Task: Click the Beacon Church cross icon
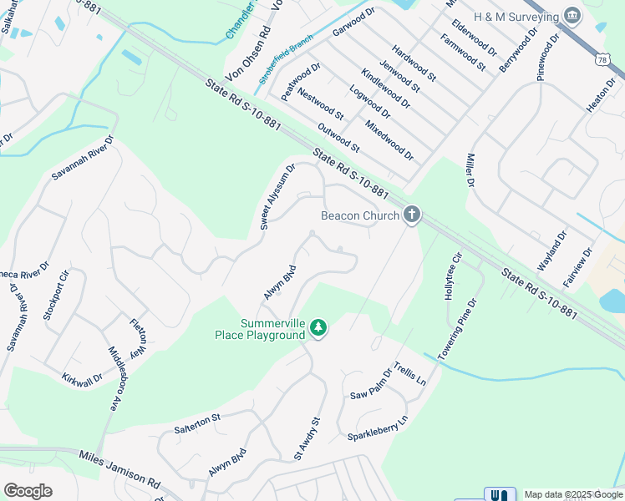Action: click(411, 215)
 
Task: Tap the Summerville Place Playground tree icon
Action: click(318, 328)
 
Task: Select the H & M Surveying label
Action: click(516, 16)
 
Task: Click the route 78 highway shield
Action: click(602, 58)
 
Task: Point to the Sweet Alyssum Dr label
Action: click(278, 196)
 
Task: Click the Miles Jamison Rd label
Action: click(119, 469)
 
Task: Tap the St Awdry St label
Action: click(307, 439)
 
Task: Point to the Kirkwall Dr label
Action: click(82, 379)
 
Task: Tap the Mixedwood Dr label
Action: click(389, 139)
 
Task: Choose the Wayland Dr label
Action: click(551, 249)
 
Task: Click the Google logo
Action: click(28, 491)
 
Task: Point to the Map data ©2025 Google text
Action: click(573, 494)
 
